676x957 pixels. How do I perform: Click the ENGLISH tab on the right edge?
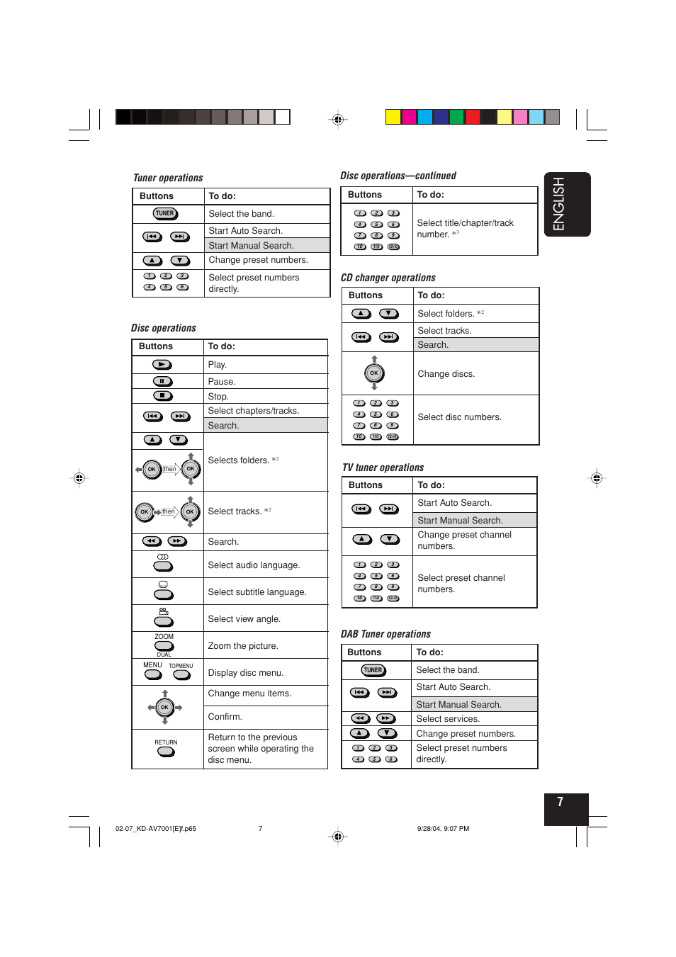click(566, 204)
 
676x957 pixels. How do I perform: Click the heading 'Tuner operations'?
click(168, 178)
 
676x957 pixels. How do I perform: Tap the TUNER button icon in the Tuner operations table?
click(166, 213)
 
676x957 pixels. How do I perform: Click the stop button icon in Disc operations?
click(162, 396)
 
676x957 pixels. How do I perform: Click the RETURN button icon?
click(166, 752)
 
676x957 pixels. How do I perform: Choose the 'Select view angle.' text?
click(244, 619)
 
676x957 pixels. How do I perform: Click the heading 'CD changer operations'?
click(388, 278)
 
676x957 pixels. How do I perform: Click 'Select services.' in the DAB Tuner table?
click(448, 719)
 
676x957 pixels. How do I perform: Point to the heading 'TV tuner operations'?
click(383, 468)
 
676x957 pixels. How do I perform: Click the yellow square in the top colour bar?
click(393, 117)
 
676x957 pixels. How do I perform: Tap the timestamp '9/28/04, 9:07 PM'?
click(443, 829)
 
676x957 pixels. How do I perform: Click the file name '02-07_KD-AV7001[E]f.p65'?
click(156, 829)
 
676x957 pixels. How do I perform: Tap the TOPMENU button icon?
click(182, 674)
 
